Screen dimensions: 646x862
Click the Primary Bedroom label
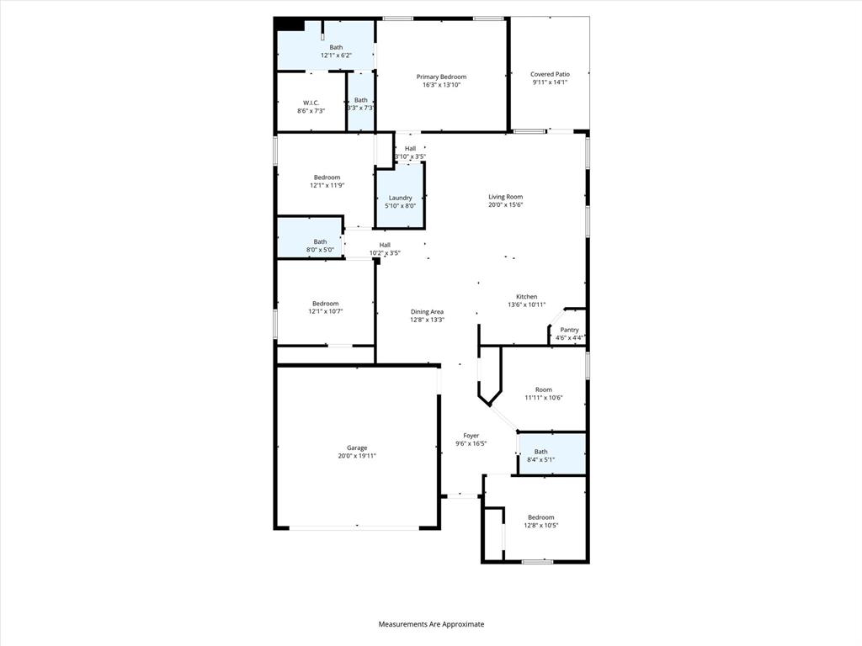tap(441, 77)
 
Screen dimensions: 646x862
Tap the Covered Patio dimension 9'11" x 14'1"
tap(550, 82)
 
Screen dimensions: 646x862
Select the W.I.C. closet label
tap(311, 103)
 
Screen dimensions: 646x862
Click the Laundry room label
tap(400, 198)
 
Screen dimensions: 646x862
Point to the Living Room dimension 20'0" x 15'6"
tap(506, 204)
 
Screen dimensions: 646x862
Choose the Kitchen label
tap(527, 297)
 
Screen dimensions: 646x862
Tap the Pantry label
tap(569, 330)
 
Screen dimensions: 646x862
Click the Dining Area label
tap(427, 311)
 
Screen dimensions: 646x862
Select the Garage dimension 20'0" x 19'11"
tap(357, 456)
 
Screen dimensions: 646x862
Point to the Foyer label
tap(471, 436)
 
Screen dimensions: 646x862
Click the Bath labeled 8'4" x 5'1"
tap(540, 452)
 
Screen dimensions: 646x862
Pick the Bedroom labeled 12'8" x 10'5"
tap(540, 517)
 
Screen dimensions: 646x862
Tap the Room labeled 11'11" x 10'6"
tap(544, 389)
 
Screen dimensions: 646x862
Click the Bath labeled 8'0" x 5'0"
tap(320, 241)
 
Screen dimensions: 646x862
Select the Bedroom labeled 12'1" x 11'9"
tap(327, 177)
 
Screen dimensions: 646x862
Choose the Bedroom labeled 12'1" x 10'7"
tap(326, 304)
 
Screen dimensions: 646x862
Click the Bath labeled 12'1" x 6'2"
tap(336, 47)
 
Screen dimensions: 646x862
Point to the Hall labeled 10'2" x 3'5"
tap(385, 245)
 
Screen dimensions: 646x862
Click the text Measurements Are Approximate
tap(431, 624)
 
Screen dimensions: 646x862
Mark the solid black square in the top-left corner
tap(290, 24)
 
